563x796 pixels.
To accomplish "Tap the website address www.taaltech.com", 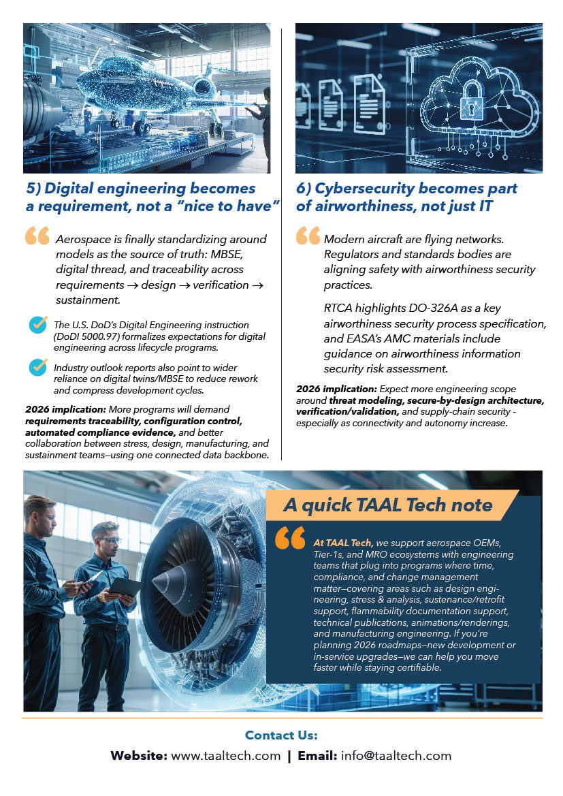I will click(225, 756).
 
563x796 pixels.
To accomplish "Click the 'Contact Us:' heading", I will click(281, 735).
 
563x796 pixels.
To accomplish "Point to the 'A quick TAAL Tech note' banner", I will click(387, 505).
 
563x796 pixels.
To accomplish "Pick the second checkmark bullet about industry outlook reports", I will click(38, 367).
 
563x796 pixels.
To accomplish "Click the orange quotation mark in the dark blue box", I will click(291, 537).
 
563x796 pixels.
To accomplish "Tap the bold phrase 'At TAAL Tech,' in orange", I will click(342, 543).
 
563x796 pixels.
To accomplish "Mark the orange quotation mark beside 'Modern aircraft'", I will click(308, 236).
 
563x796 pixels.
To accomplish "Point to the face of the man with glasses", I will click(106, 537).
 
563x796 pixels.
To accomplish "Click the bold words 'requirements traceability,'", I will click(76, 421).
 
